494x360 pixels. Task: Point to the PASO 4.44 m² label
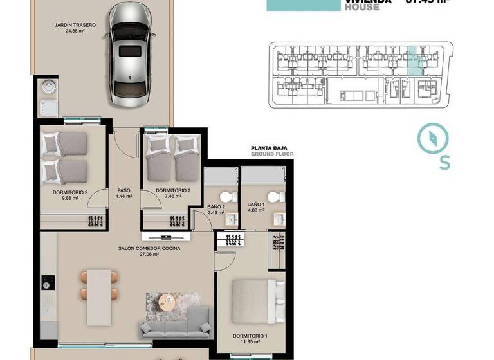point(123,194)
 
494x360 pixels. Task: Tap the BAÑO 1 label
point(255,206)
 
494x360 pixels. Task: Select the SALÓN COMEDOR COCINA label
point(149,249)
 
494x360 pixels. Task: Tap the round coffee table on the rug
point(167,301)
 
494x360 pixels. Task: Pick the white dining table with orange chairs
point(99,285)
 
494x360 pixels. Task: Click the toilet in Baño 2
point(226,197)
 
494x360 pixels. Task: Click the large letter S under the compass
point(444,163)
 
